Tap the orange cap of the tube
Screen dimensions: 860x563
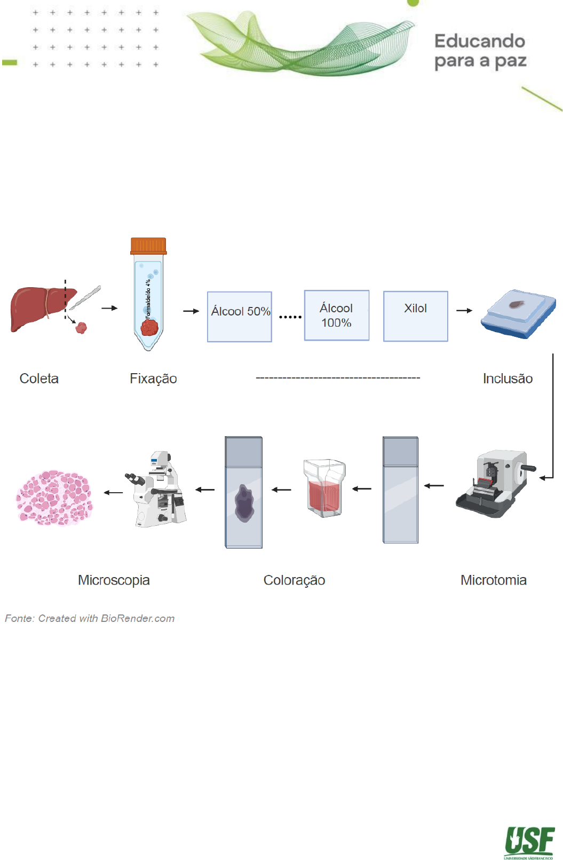pyautogui.click(x=148, y=246)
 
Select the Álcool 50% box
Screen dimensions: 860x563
pyautogui.click(x=240, y=317)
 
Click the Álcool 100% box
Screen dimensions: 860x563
pyautogui.click(x=336, y=315)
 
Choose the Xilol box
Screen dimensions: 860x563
pyautogui.click(x=415, y=316)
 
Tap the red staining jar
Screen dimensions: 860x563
pyautogui.click(x=324, y=488)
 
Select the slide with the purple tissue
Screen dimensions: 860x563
pyautogui.click(x=244, y=493)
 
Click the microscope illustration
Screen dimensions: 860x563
pyautogui.click(x=157, y=490)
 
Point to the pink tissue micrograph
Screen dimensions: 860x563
pyautogui.click(x=54, y=498)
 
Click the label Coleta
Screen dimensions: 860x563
pyautogui.click(x=39, y=378)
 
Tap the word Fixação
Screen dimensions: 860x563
pyautogui.click(x=153, y=378)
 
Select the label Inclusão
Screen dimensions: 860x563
pyautogui.click(x=508, y=378)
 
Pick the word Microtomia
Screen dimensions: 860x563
pyautogui.click(x=493, y=580)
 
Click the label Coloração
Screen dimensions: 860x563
pyautogui.click(x=294, y=580)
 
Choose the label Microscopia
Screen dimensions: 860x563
pyautogui.click(x=114, y=580)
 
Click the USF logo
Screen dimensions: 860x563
pyautogui.click(x=529, y=842)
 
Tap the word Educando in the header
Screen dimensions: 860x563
pyautogui.click(x=479, y=41)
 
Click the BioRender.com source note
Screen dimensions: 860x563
pyautogui.click(x=90, y=618)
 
